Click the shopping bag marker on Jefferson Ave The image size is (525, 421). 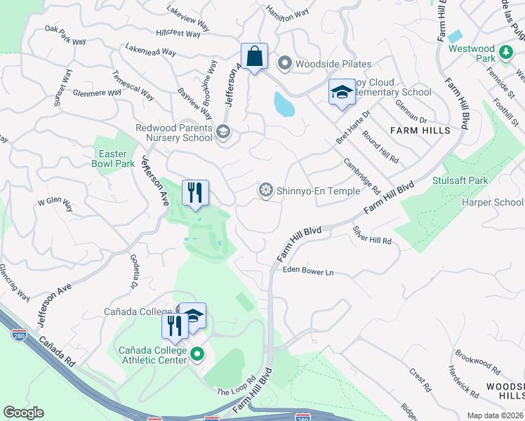point(254,56)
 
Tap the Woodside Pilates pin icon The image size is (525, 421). point(285,64)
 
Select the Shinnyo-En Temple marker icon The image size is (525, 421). point(265,189)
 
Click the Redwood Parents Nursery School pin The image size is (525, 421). point(223,132)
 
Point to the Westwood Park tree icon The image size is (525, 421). point(505,52)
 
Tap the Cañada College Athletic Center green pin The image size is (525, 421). point(197,356)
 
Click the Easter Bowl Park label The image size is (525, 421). point(112,159)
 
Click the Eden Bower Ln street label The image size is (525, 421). point(307,272)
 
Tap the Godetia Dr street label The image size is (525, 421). point(133,271)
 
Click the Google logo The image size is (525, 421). point(23,412)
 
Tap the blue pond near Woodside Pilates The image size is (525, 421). point(284,105)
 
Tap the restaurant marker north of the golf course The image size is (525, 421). point(194,192)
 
